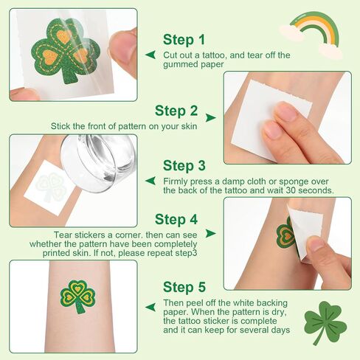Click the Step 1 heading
pos(184,40)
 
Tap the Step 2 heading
pos(176,111)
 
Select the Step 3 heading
pos(184,165)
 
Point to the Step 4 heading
pos(176,219)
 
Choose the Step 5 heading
pos(184,287)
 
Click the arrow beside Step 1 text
pos(150,55)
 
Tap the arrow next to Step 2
pos(210,117)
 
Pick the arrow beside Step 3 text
pos(150,181)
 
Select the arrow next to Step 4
pos(210,233)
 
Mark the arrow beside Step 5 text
pos(150,307)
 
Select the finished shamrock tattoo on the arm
pos(77,297)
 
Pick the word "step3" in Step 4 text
pos(186,253)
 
